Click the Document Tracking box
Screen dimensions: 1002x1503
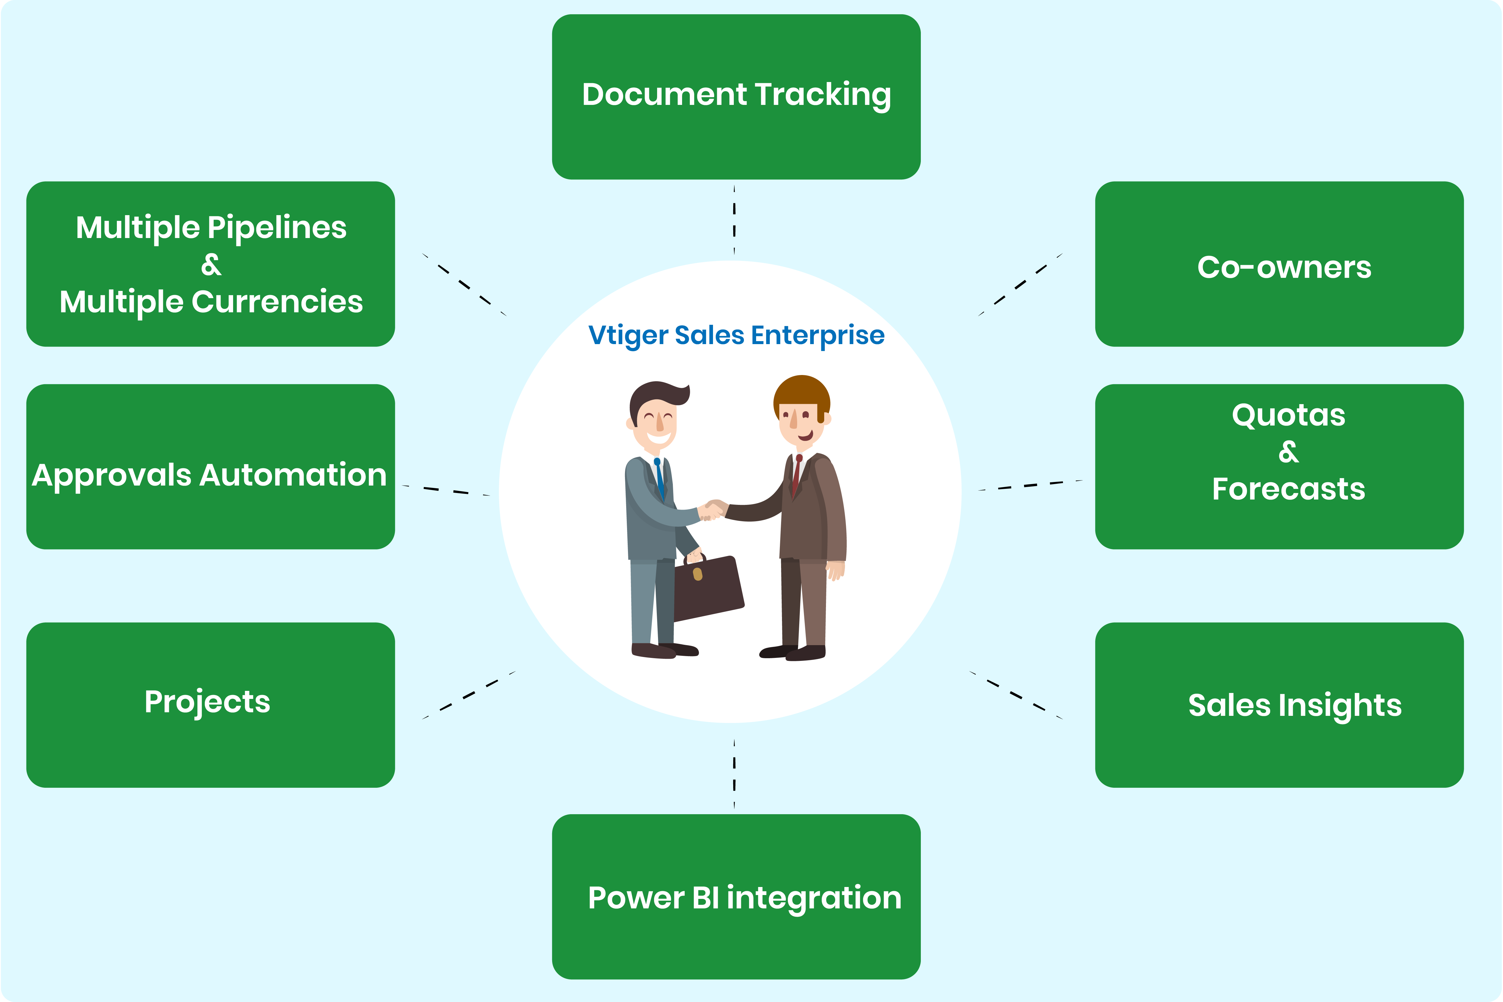pos(736,97)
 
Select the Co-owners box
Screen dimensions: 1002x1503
pos(1279,264)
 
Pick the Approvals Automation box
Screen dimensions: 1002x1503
pos(210,467)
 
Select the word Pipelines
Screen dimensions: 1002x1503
pos(277,228)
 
